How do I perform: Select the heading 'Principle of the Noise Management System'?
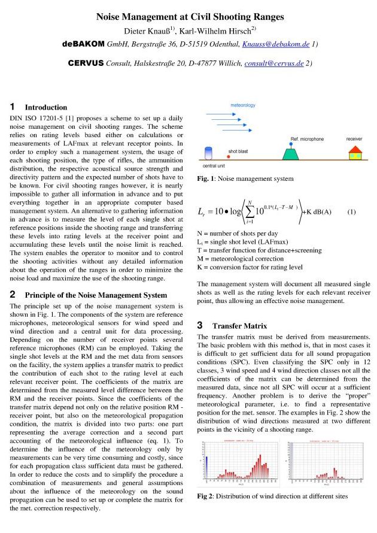pyautogui.click(x=96, y=295)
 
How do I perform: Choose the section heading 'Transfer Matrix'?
pyautogui.click(x=239, y=326)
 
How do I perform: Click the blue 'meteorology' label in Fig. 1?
pyautogui.click(x=243, y=105)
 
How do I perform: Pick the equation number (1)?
pyautogui.click(x=351, y=211)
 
